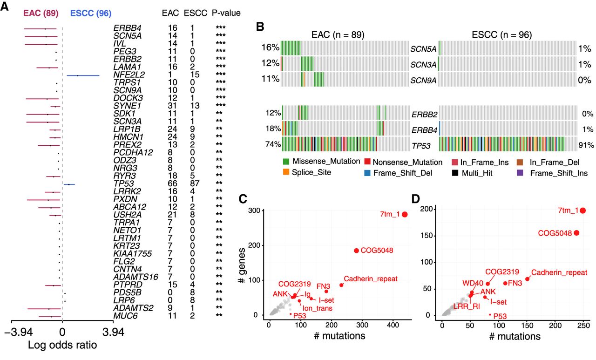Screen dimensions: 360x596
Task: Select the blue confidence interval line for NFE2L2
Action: click(x=83, y=75)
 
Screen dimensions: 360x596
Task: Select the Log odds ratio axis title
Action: click(x=62, y=346)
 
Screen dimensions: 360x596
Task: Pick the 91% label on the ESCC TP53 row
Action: click(x=586, y=144)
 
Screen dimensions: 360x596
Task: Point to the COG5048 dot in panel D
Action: click(x=576, y=233)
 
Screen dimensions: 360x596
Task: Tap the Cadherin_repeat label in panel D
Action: click(x=559, y=273)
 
